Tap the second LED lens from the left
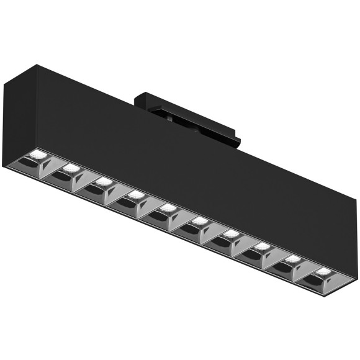[70, 168]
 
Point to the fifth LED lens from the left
[167, 208]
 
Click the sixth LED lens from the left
[199, 221]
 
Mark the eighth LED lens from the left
[263, 246]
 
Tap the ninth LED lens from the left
[294, 259]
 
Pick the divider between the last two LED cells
[304, 274]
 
